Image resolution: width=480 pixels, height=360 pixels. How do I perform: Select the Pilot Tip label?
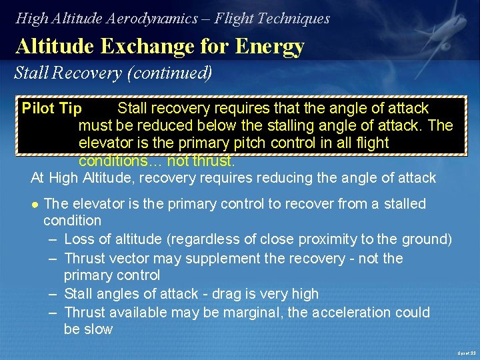[51, 108]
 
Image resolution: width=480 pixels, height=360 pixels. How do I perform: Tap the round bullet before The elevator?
[35, 204]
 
